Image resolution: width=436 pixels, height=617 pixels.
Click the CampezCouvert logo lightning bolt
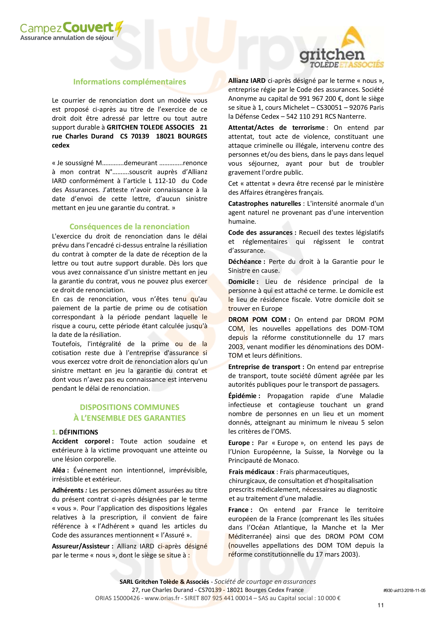coord(119,28)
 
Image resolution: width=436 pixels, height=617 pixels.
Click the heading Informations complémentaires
coord(129,82)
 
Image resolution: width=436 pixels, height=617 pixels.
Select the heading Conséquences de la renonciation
coord(129,227)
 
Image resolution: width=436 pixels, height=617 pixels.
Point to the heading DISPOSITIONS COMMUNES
coord(129,407)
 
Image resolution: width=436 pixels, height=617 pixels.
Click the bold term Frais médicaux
coord(251,472)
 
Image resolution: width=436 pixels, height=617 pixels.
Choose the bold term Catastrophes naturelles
coord(264,204)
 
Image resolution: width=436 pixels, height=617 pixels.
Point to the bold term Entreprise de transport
coord(264,367)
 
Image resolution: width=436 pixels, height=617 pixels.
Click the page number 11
coord(380,605)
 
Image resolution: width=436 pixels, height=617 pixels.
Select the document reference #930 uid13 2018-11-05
coord(404,590)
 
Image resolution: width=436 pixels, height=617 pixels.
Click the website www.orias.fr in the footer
coord(162,598)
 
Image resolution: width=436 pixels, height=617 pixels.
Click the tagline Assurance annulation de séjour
coord(67,38)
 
